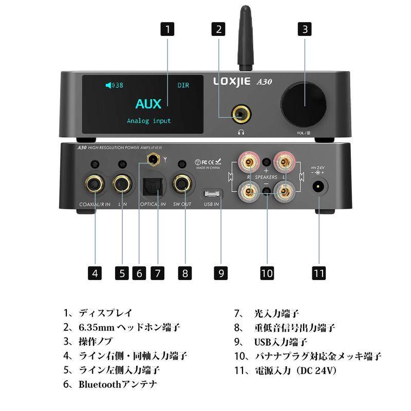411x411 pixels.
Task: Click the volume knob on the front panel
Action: click(304, 105)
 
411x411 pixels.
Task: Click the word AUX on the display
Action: click(148, 103)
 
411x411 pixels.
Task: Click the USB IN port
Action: click(211, 195)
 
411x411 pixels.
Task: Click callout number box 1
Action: click(168, 29)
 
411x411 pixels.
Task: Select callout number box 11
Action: click(319, 273)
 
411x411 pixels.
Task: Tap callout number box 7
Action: click(158, 273)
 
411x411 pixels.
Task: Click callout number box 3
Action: click(305, 29)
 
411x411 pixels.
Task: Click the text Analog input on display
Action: click(149, 121)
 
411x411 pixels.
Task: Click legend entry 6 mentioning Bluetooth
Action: click(110, 384)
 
